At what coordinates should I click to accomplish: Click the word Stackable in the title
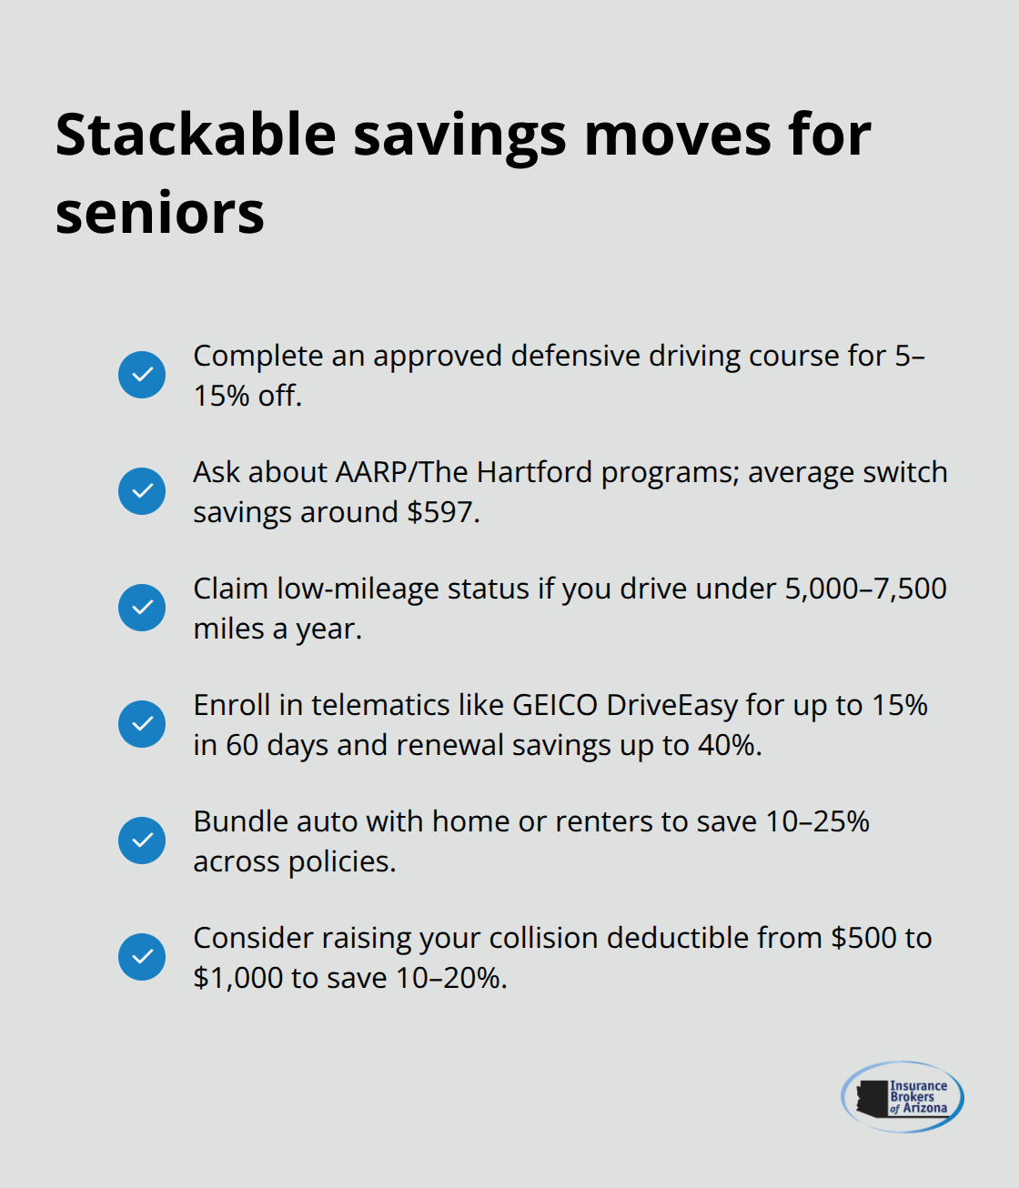[x=196, y=135]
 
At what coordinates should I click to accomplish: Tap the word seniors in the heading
[x=160, y=214]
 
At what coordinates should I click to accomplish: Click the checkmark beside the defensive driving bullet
[x=142, y=375]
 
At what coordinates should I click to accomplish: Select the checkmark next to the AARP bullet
[x=142, y=491]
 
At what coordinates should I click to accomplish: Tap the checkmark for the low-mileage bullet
[x=142, y=608]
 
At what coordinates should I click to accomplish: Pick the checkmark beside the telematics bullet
[x=142, y=724]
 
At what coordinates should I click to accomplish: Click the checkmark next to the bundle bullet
[x=142, y=841]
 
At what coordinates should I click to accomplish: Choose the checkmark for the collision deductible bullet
[x=142, y=957]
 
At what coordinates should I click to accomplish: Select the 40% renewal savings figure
[x=727, y=745]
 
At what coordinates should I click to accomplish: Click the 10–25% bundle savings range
[x=817, y=821]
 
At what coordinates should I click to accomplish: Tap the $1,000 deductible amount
[x=237, y=978]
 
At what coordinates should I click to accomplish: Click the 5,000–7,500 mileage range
[x=865, y=589]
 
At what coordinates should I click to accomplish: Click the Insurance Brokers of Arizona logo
[x=902, y=1096]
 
